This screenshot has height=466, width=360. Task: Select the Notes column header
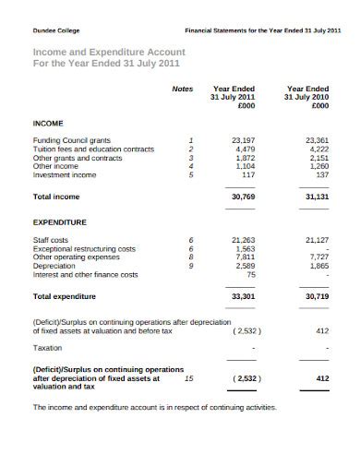183,89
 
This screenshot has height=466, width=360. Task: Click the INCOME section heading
49,122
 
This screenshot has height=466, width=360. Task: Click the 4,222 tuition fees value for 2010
318,148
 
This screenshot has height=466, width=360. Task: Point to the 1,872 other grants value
245,157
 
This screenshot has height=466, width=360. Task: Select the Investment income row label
65,174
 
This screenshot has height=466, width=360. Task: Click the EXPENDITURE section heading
60,222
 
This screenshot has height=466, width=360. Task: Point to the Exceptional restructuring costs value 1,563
245,248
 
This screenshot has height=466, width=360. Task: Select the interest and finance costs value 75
249,274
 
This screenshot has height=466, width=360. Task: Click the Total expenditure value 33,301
241,297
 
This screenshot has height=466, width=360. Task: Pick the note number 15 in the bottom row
189,378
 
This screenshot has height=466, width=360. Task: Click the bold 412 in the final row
322,378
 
